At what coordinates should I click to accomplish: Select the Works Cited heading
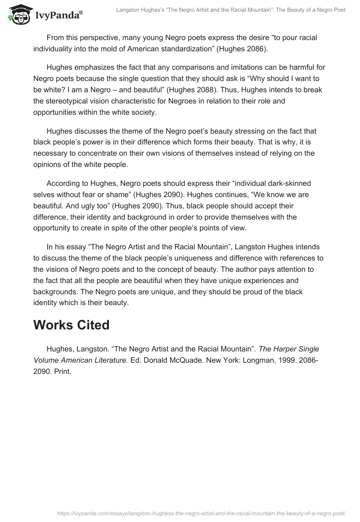(x=71, y=325)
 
